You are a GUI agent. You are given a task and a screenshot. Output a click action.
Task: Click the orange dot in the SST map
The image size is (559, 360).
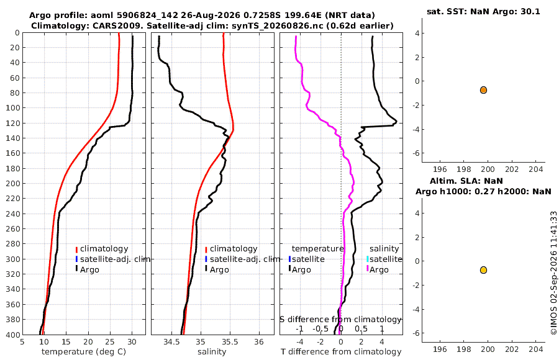483,90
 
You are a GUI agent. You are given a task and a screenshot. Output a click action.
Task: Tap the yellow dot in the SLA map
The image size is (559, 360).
483,270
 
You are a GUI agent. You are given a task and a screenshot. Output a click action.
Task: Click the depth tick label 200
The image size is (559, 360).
13,183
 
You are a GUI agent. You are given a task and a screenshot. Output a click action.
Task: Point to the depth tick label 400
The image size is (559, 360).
13,335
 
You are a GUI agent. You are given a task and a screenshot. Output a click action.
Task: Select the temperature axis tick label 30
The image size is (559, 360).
132,342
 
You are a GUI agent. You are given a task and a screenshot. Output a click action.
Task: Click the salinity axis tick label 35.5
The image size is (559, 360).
230,342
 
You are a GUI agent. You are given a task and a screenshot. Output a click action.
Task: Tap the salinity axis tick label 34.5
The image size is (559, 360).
171,342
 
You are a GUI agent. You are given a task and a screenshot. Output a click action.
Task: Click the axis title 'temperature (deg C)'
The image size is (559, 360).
84,352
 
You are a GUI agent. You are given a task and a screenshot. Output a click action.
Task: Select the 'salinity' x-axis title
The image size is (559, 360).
212,352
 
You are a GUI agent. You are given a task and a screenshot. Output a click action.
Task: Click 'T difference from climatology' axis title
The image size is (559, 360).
341,352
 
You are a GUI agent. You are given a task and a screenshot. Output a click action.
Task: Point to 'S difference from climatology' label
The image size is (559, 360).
340,320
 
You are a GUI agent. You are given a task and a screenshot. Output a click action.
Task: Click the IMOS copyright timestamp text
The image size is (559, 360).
553,273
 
